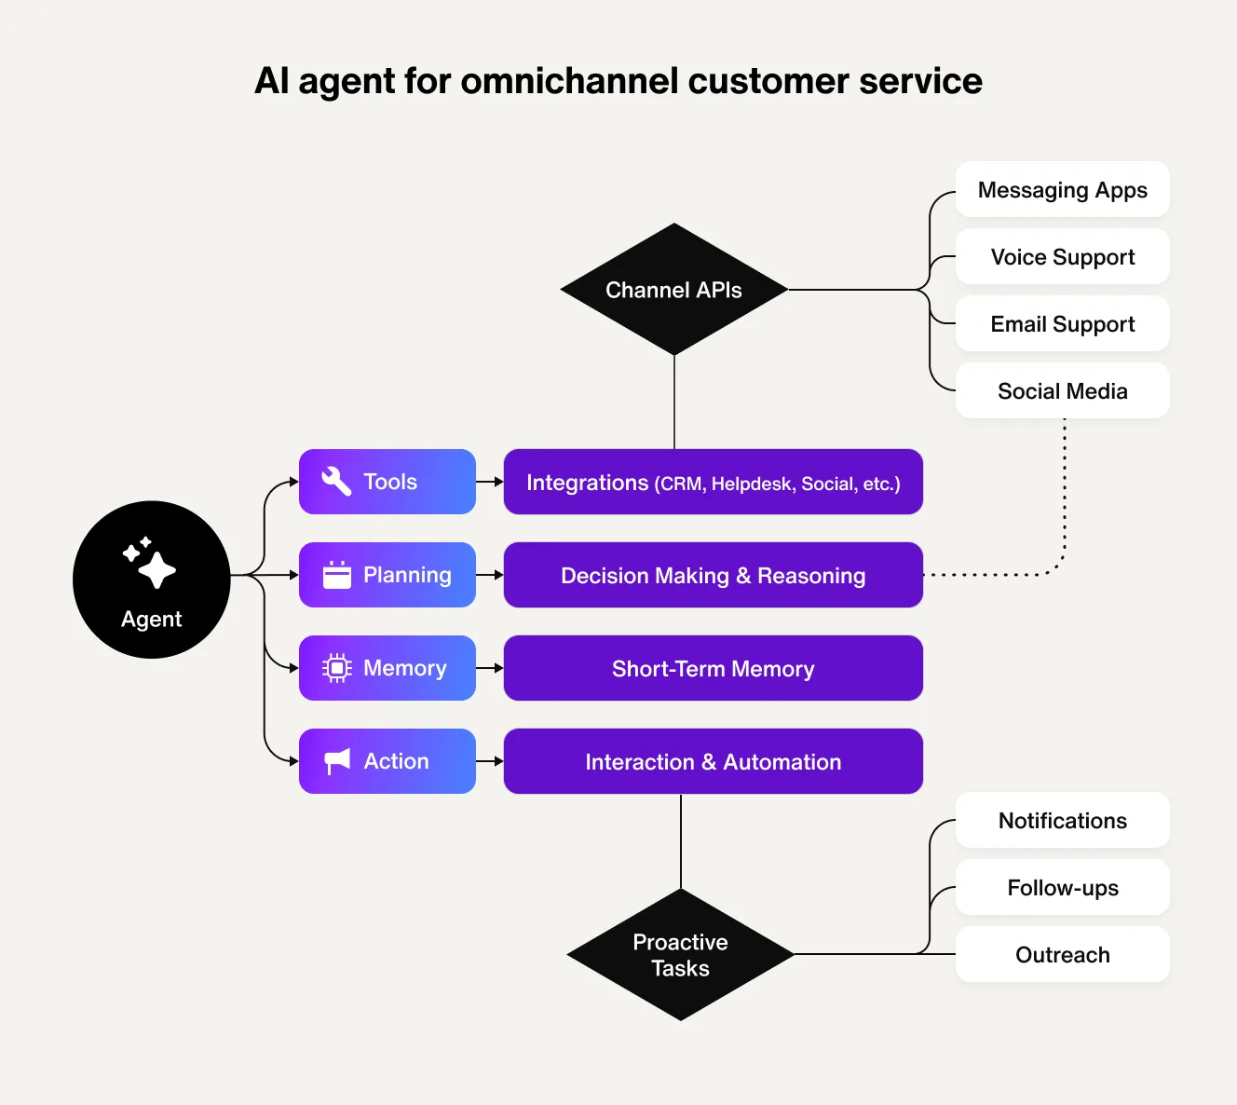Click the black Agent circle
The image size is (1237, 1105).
(152, 580)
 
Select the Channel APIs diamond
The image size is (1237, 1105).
(673, 290)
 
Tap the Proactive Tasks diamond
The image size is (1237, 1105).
(680, 955)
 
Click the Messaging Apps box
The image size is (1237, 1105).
(1062, 190)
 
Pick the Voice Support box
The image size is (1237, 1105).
(1062, 257)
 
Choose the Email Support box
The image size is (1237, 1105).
(1062, 324)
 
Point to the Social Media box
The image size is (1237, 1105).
(1062, 391)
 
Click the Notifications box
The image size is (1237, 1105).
(1062, 821)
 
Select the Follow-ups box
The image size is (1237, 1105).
(1062, 888)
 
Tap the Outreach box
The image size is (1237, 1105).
(1062, 955)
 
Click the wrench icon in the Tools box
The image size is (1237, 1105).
(336, 482)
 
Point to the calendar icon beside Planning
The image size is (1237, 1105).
(336, 575)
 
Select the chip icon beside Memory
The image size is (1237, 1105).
(336, 668)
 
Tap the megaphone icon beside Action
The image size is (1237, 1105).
(336, 761)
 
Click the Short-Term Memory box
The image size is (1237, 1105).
(713, 669)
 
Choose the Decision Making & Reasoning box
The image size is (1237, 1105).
(713, 576)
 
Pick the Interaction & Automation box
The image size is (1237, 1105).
(713, 762)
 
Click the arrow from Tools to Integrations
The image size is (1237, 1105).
(490, 482)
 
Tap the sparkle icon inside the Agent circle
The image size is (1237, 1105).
(150, 563)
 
